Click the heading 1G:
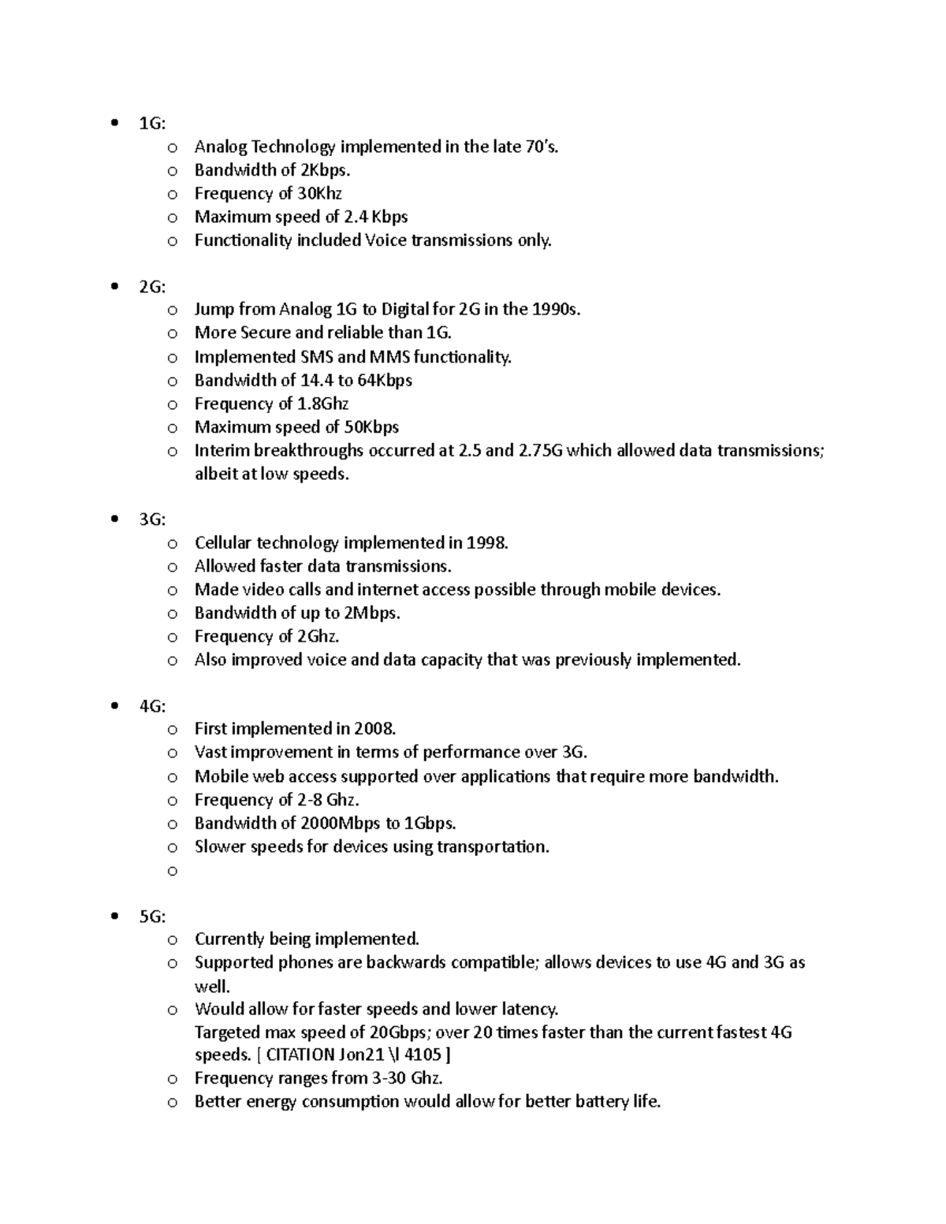(x=152, y=123)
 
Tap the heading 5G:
(x=152, y=917)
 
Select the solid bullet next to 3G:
(x=116, y=519)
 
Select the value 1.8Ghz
(x=324, y=404)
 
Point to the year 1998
(x=487, y=542)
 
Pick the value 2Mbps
(x=373, y=612)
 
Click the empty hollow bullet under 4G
(x=173, y=871)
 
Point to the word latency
(x=530, y=1009)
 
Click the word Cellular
(x=223, y=542)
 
